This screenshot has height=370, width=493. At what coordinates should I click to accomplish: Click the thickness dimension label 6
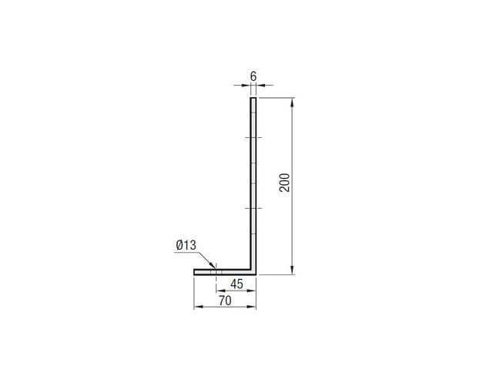coord(253,76)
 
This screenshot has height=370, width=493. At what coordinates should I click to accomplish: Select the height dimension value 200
coord(284,183)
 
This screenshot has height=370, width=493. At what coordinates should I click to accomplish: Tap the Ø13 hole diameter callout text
coord(186,245)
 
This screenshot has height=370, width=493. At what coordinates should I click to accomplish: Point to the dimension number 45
coord(236,284)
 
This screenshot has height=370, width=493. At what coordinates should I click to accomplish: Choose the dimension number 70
coord(225,301)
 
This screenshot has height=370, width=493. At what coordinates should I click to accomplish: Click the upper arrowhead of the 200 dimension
coord(293,103)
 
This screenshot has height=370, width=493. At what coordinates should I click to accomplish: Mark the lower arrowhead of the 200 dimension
coord(293,270)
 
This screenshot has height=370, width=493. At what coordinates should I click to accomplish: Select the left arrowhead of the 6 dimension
coord(246,85)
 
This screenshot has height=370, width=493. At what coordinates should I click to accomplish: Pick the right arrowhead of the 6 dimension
coord(261,85)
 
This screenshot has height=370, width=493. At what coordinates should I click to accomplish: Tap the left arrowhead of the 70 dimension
coord(199,307)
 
